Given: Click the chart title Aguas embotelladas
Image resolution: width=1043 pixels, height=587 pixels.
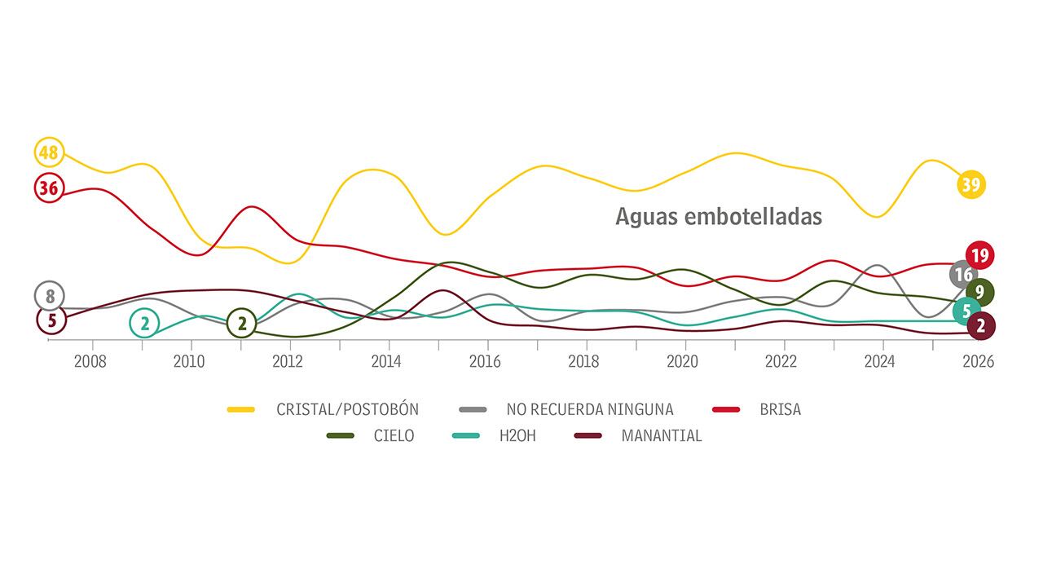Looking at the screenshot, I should pos(718,217).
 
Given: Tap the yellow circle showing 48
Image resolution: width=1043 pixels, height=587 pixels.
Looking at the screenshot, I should pos(49,152).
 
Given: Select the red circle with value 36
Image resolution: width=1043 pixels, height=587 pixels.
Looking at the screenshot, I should pos(49,188).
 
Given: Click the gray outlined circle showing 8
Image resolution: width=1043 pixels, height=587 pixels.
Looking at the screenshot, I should pos(50,296).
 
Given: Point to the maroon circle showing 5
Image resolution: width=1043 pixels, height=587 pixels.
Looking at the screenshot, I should pos(51,320).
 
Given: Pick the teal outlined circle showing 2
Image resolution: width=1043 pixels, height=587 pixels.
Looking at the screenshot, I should pos(144,324).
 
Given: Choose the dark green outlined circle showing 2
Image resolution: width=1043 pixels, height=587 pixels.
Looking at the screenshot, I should pos(241,324).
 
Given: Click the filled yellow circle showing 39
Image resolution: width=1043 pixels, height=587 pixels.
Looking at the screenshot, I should pos(970,184).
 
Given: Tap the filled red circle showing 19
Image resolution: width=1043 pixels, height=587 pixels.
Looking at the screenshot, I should pos(979,256).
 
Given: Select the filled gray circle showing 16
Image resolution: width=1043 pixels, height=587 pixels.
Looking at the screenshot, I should pos(963,275).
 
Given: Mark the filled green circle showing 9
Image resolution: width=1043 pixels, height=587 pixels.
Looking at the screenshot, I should pos(979,292).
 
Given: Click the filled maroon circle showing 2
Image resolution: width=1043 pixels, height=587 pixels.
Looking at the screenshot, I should pos(981,325).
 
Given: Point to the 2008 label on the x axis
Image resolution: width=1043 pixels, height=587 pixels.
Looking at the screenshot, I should pos(90,362).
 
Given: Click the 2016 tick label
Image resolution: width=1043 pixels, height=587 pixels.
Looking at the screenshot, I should pos(485,362).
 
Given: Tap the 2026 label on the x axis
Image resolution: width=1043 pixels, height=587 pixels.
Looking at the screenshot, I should pos(978,362).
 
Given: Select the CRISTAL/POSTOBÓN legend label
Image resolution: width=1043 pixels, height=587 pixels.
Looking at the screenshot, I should pos(347,409).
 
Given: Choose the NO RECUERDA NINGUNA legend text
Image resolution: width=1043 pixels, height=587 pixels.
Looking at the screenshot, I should pos(590,409).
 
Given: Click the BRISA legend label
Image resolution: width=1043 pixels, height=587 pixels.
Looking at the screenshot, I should pos(780,409).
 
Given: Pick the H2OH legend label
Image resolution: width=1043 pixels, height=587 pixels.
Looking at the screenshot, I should pos(517,435).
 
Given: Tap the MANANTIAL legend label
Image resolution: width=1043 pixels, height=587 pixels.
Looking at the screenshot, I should pos(661,435).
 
